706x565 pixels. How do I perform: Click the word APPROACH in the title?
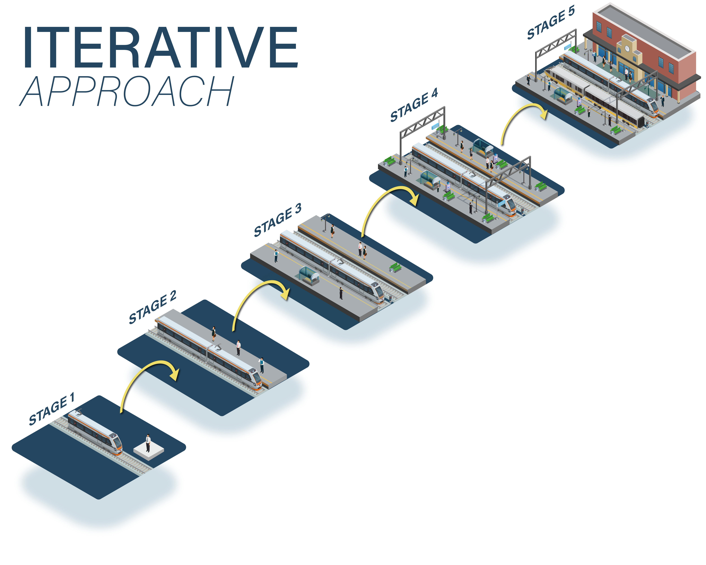pos(128,91)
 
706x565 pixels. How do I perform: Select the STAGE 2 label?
pos(153,307)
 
